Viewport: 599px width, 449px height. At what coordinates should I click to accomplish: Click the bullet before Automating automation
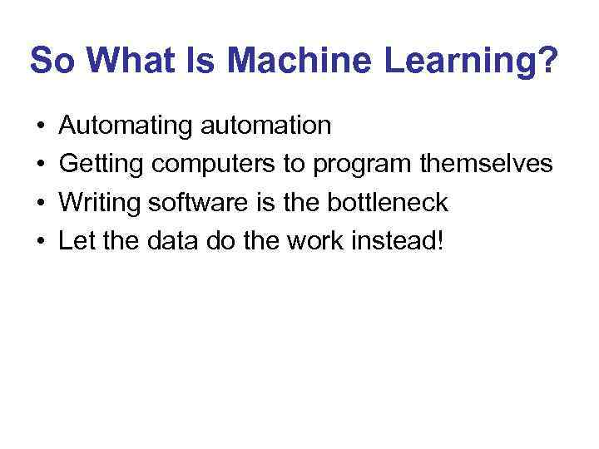[x=40, y=126]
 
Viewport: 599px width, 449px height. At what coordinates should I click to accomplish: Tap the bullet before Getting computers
[x=40, y=165]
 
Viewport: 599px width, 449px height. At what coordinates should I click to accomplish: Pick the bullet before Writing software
[x=40, y=202]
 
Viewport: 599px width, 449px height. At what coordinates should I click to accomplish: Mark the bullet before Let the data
[x=40, y=240]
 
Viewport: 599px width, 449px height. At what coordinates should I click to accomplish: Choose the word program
[x=362, y=165]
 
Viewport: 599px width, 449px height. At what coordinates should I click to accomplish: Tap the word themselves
[x=486, y=165]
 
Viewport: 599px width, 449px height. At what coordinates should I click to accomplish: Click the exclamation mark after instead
[x=441, y=240]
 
